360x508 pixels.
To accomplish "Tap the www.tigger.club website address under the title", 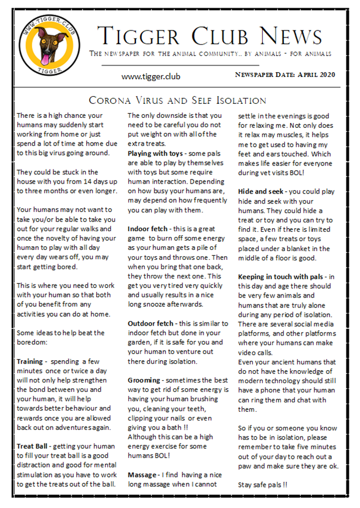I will (151, 76).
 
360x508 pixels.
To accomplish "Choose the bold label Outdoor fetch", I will (154, 323).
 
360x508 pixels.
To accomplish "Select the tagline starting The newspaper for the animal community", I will (210, 54).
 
